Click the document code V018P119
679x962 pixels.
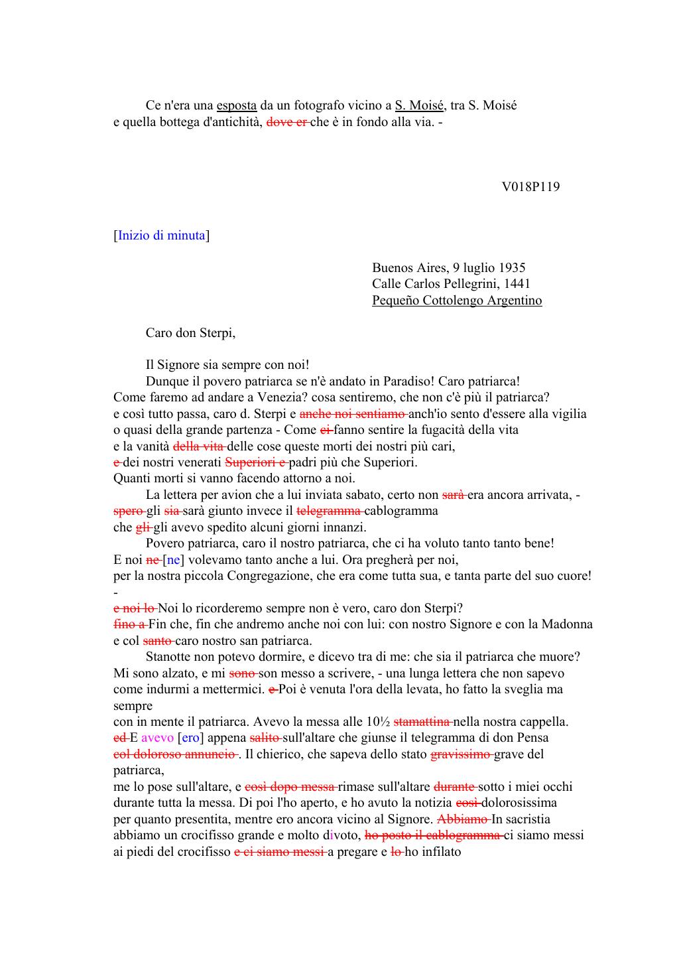(x=530, y=186)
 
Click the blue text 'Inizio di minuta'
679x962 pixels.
(x=162, y=236)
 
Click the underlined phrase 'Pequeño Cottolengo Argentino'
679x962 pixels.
(x=457, y=301)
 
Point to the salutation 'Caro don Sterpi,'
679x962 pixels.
(x=190, y=333)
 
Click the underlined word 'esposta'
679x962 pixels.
(x=237, y=105)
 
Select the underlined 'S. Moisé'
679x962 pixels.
(x=419, y=105)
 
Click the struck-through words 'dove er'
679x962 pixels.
(x=286, y=122)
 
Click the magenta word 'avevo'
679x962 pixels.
(x=157, y=738)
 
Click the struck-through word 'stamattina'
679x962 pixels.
(x=422, y=722)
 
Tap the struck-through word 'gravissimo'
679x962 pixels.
(x=462, y=754)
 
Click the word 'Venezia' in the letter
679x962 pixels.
(x=243, y=397)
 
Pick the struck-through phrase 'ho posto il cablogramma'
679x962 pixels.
(x=434, y=835)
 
